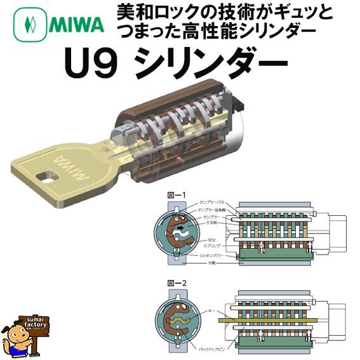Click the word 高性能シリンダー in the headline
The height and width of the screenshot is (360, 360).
(235, 30)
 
